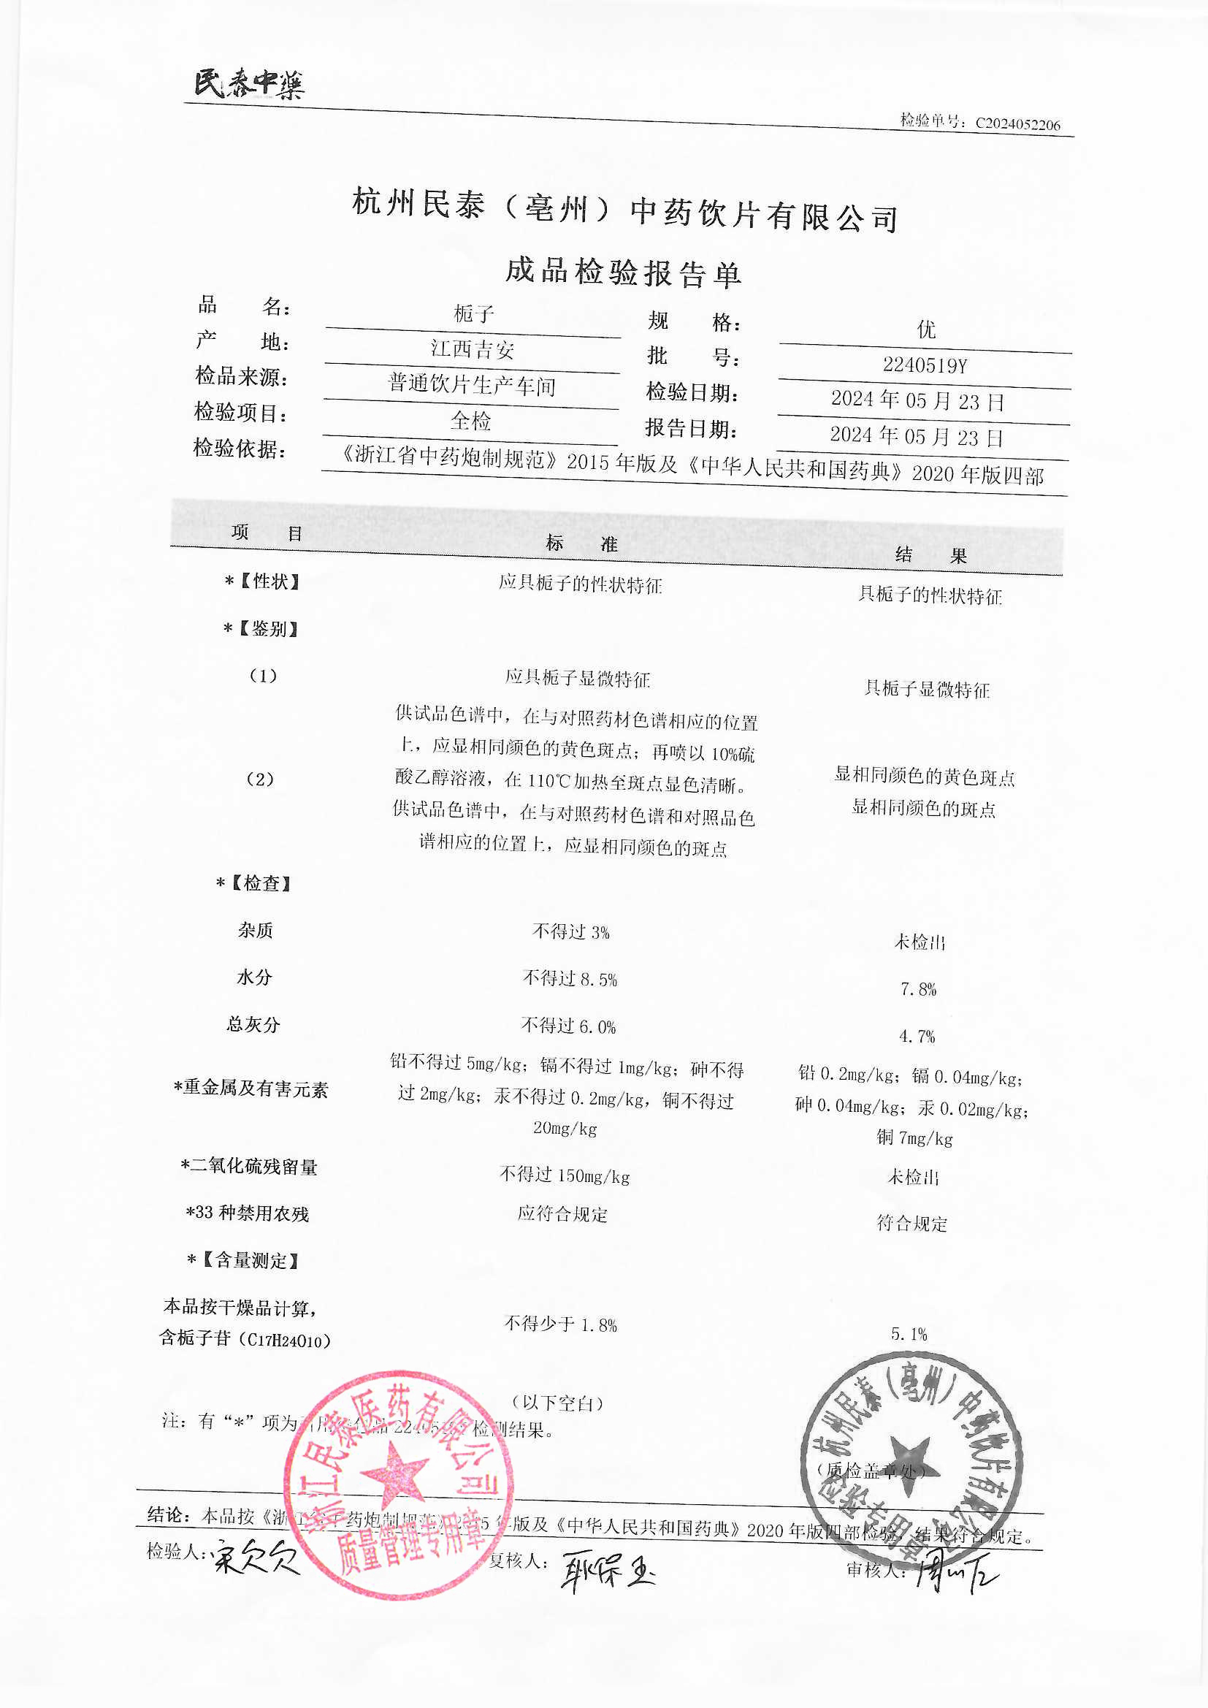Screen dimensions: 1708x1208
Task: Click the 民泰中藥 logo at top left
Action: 249,84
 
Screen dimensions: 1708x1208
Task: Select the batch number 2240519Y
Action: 925,365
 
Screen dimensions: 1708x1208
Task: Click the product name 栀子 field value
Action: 474,314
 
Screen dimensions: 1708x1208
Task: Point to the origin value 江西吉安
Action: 473,349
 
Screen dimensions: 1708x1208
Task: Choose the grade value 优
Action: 926,329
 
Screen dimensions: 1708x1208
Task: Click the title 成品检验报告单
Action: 623,272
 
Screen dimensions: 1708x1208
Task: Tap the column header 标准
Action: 581,544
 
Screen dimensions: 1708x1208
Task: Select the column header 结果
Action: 930,555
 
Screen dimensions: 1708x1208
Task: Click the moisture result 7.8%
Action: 918,989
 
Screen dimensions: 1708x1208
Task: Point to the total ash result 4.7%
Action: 917,1036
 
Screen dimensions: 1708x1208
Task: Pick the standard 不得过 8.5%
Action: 570,979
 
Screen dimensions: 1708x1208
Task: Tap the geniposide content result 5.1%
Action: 909,1335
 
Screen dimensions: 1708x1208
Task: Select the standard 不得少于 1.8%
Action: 561,1324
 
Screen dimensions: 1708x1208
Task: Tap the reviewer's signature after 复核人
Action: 606,1571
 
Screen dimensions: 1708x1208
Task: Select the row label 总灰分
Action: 253,1024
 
